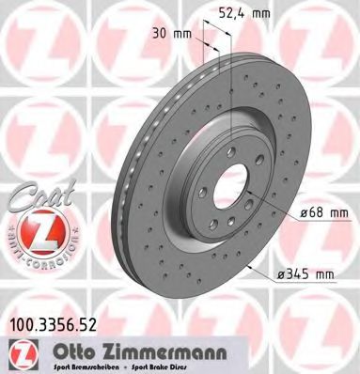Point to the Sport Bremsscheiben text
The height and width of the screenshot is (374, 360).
(76, 366)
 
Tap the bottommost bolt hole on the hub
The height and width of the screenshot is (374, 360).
(225, 237)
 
